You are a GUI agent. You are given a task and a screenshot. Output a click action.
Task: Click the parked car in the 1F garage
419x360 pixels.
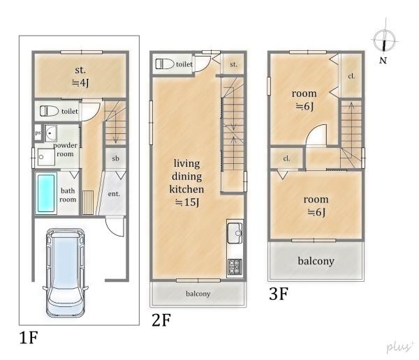pos(65,273)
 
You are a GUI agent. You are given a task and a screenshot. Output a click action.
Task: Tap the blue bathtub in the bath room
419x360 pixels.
pos(46,193)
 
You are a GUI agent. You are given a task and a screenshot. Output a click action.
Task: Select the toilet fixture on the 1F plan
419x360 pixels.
pos(49,111)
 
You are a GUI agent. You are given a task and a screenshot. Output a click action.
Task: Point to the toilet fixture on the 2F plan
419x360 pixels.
pos(165,64)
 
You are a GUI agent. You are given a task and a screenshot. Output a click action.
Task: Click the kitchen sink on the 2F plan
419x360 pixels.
pos(235,233)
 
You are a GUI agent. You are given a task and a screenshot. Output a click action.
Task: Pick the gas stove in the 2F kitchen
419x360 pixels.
pos(235,267)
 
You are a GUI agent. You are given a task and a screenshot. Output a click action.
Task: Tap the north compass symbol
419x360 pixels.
pos(384,40)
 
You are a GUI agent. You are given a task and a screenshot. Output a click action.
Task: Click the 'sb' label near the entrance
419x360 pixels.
pos(115,158)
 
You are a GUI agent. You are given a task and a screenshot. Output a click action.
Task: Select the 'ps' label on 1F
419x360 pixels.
pos(38,133)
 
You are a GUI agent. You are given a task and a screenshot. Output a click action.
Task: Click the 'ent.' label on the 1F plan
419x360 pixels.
pos(114,194)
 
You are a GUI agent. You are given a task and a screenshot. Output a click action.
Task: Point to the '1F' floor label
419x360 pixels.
pos(29,337)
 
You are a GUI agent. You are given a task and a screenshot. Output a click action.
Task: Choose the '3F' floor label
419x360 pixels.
pos(279,294)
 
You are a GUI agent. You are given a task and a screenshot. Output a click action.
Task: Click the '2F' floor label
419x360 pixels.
pos(161,320)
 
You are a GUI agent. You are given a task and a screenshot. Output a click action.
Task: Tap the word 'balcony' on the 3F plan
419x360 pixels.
pos(316,261)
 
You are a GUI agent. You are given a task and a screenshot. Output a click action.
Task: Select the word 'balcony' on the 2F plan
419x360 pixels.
pos(198,294)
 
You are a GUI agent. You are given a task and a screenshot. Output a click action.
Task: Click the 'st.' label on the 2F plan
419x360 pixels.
pos(233,64)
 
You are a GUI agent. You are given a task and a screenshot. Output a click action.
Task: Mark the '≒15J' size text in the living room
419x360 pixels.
pos(187,202)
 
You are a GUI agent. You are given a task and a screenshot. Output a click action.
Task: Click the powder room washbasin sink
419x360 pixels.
pos(50,133)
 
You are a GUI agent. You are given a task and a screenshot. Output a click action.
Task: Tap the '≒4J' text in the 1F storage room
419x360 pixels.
pos(80,83)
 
